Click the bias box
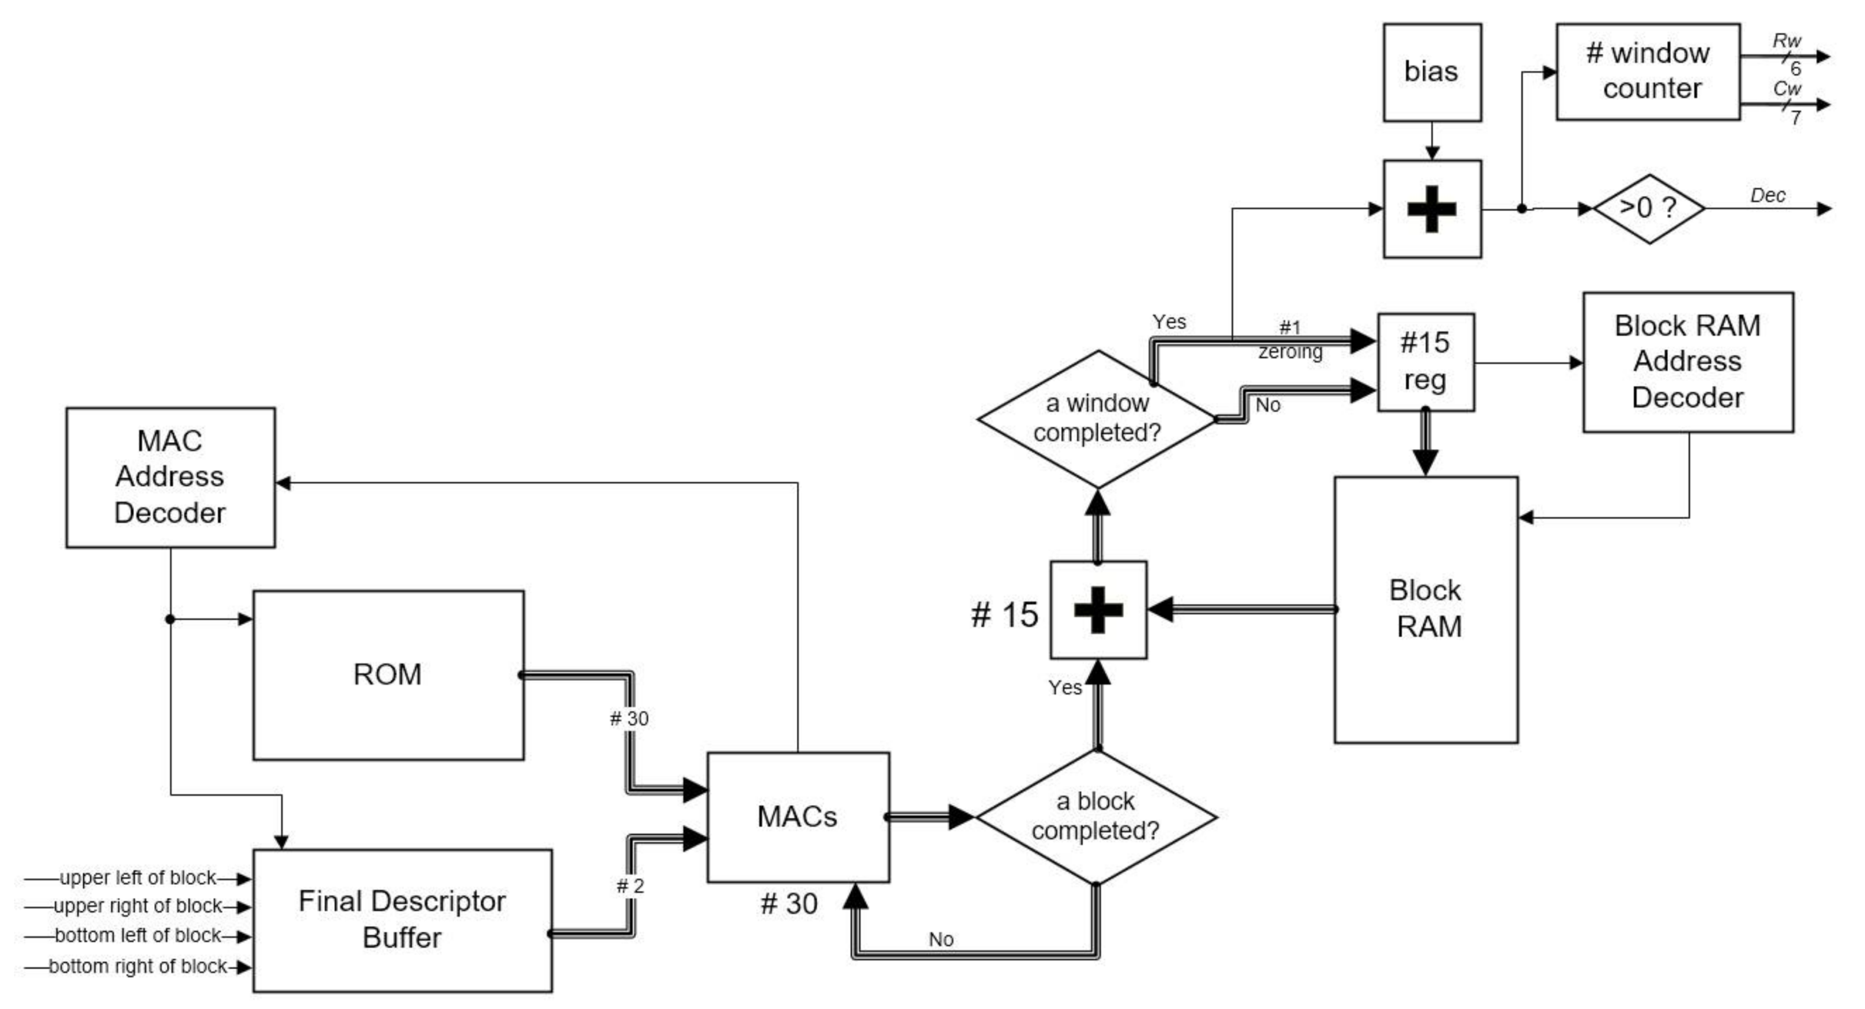click(x=1431, y=72)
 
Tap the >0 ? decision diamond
click(x=1649, y=209)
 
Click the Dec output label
click(x=1767, y=196)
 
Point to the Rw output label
click(x=1786, y=41)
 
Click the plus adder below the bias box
click(x=1431, y=209)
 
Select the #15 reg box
click(x=1425, y=362)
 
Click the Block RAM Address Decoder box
click(x=1688, y=362)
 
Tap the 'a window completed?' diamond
click(x=1098, y=418)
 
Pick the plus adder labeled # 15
click(x=1098, y=609)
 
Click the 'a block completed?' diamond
click(x=1096, y=816)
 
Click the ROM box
click(x=388, y=674)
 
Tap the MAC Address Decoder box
click(x=170, y=477)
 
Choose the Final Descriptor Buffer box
click(x=403, y=919)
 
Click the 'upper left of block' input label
click(x=138, y=877)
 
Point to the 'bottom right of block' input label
click(x=138, y=966)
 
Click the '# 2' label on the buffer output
click(x=630, y=886)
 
